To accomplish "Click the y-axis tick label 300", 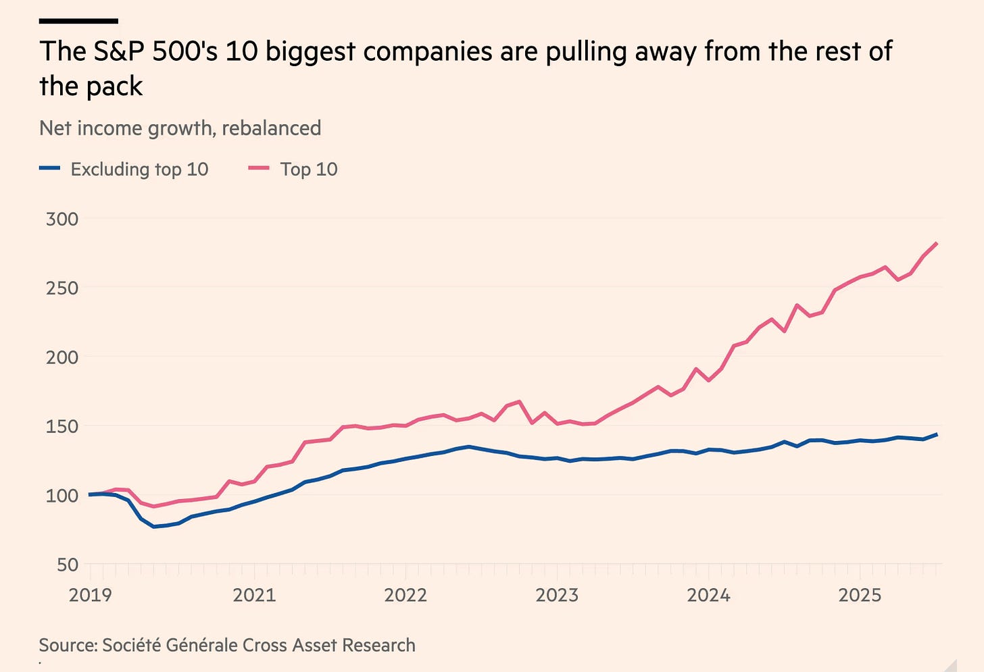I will (x=62, y=219).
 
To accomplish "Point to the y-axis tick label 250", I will (x=62, y=288).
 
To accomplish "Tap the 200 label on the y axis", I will (x=62, y=357).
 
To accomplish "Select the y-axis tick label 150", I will (x=62, y=426).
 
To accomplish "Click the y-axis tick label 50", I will (x=67, y=564).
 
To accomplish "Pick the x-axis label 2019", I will (x=91, y=595).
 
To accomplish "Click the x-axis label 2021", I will (x=254, y=595).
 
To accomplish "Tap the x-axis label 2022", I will (x=405, y=595).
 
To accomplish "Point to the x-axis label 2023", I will (x=557, y=595).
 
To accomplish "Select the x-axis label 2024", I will (x=708, y=595).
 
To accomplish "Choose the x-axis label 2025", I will (x=860, y=595).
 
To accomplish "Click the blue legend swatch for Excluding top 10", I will (x=50, y=168).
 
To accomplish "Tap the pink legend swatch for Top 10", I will (x=259, y=168).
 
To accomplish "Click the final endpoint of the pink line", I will (x=937, y=243).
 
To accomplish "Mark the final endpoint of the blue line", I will (x=937, y=434).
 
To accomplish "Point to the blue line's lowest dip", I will (x=154, y=526).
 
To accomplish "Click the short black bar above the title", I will (x=78, y=21).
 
